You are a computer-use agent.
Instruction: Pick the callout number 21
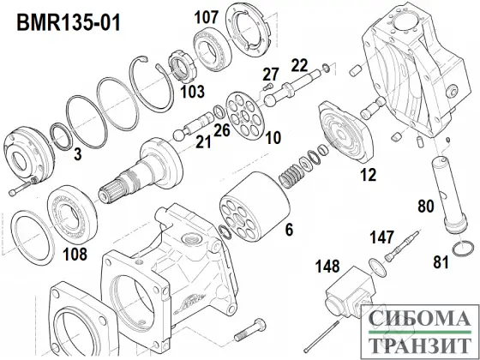202,142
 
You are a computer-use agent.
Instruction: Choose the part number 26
222,130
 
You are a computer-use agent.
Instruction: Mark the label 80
424,206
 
